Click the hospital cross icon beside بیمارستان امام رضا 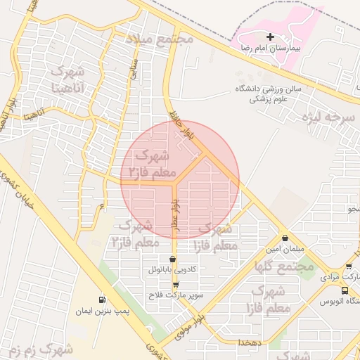270,37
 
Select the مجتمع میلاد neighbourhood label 159,39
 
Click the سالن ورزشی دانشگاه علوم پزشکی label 277,94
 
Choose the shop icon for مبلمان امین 285,238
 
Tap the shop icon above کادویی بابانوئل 173,259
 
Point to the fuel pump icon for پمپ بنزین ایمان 103,299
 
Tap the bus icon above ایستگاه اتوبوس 345,290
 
